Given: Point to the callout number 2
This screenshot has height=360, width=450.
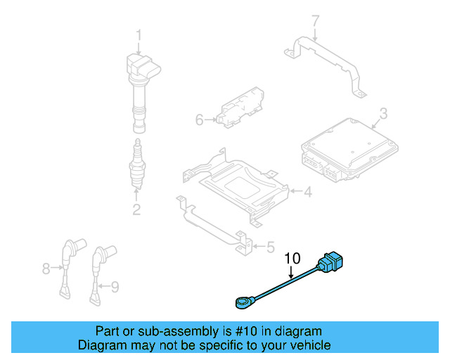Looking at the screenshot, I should tap(136, 209).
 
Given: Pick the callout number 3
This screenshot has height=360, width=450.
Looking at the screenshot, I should tap(383, 113).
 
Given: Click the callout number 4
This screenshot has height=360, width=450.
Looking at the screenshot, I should tap(307, 191).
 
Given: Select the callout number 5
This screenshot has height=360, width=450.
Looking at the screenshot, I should tap(269, 247).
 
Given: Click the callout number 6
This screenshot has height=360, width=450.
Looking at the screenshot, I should tap(199, 120).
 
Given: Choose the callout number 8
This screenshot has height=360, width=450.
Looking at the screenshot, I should tap(47, 268).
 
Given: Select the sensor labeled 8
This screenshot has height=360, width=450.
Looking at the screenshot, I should tap(69, 267).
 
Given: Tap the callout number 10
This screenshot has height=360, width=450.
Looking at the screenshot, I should tap(292, 259).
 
